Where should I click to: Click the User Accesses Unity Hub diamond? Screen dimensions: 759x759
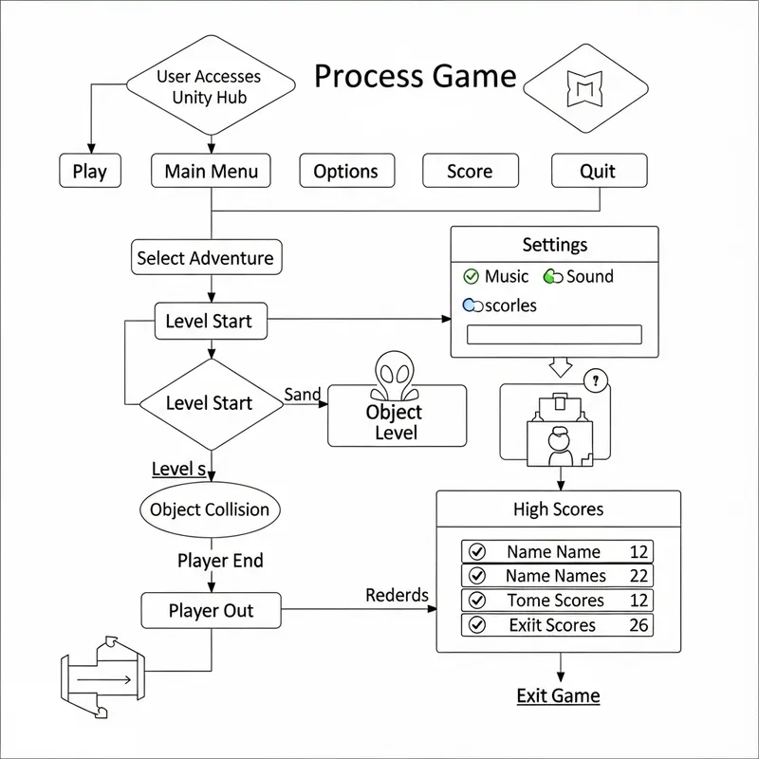click(209, 86)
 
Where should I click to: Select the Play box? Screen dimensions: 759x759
click(89, 172)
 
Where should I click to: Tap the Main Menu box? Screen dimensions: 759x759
click(211, 172)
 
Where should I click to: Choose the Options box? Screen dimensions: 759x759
click(345, 172)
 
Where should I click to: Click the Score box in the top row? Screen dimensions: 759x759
click(470, 172)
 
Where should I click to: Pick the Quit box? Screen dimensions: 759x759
click(598, 172)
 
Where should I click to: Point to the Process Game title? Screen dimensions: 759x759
click(415, 76)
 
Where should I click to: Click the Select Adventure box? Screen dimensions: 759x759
click(205, 258)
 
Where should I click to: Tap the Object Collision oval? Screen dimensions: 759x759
click(210, 509)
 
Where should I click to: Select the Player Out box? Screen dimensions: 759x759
click(211, 611)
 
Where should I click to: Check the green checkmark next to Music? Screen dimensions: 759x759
click(471, 277)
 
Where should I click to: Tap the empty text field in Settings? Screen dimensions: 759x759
click(555, 334)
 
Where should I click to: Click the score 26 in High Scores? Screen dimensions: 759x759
click(639, 625)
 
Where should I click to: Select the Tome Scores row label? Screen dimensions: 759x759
click(555, 601)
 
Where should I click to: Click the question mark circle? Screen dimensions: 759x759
click(596, 382)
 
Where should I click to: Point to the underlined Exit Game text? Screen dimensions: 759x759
click(558, 695)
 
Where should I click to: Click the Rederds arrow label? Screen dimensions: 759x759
click(397, 596)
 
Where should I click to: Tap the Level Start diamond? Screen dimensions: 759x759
click(211, 403)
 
